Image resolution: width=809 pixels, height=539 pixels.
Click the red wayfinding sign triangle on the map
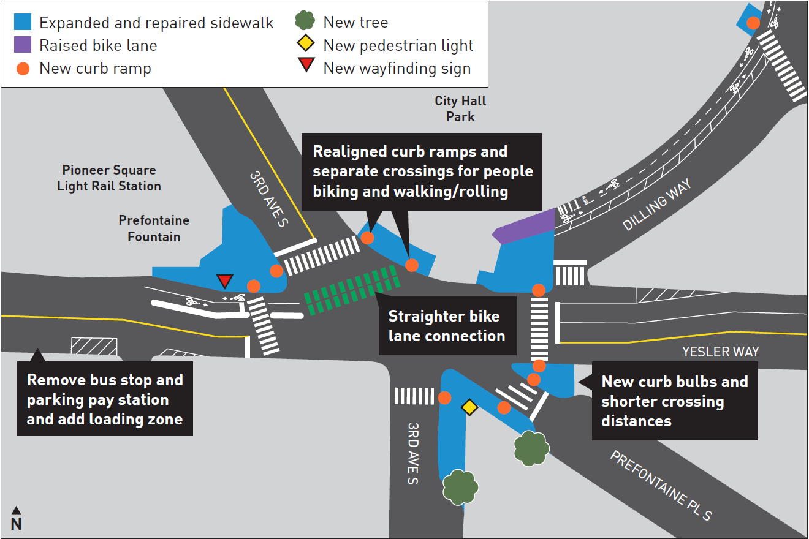(x=225, y=281)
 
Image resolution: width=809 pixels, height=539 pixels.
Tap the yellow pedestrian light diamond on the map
(x=469, y=407)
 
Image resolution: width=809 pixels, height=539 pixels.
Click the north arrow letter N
(x=16, y=524)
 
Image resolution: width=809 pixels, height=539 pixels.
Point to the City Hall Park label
(x=460, y=108)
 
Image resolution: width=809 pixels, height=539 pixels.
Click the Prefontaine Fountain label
(x=154, y=228)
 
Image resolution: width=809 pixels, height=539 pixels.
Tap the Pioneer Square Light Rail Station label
(x=109, y=178)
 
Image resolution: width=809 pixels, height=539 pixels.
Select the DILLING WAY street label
(x=657, y=205)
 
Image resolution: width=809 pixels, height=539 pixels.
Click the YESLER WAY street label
(x=721, y=352)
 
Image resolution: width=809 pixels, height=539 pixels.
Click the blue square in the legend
(x=23, y=23)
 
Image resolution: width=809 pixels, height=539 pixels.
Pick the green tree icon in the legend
(x=305, y=21)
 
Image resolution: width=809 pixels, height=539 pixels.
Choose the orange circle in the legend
(x=23, y=68)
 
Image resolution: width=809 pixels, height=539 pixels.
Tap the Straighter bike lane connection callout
(x=446, y=326)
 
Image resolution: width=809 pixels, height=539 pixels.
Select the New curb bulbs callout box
(x=674, y=401)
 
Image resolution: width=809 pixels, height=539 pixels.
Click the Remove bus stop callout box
(x=105, y=399)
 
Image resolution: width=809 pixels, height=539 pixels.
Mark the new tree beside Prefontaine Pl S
(x=531, y=448)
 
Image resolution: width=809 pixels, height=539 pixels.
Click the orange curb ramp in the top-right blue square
(x=753, y=23)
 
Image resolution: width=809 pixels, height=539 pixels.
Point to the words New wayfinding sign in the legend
(x=397, y=68)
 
